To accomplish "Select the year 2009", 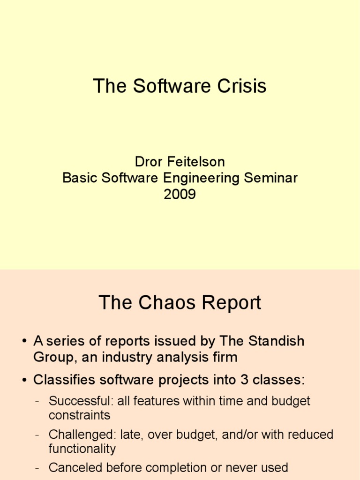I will (180, 194).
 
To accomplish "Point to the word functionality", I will (82, 449).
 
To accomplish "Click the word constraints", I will (79, 415).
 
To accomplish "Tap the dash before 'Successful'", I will (38, 402).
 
